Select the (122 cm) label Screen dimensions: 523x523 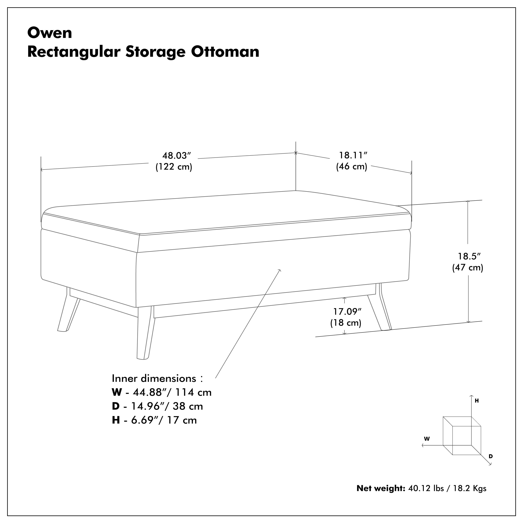point(174,167)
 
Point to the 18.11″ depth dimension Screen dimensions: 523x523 point(353,155)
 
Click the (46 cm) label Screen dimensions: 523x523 point(352,166)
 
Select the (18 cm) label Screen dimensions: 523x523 point(346,323)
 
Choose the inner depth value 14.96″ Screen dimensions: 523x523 point(148,406)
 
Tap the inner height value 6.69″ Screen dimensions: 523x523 point(145,420)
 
